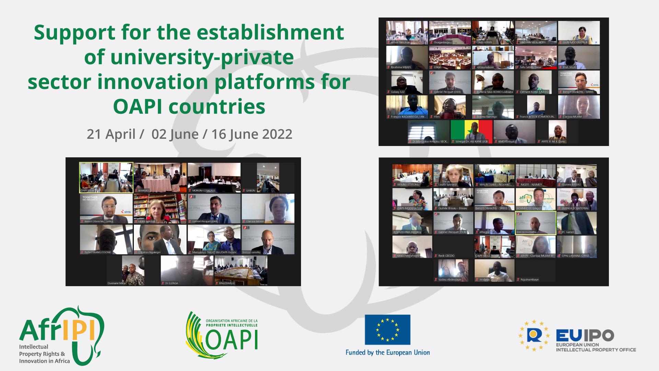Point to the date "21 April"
coord(111,134)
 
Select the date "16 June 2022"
coord(252,134)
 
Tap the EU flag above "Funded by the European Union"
coord(388,329)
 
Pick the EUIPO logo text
coord(585,336)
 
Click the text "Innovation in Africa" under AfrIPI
coord(44,361)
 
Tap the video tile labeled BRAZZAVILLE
coord(241,270)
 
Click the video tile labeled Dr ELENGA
coord(187,270)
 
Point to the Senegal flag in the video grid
coord(471,132)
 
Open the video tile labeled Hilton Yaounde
coord(407,33)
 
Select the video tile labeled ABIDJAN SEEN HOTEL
coord(535,33)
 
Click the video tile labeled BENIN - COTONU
coord(412,175)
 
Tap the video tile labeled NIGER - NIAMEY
coord(535,175)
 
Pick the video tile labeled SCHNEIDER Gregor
coord(535,199)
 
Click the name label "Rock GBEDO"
coord(446,256)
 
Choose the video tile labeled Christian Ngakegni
coord(160,239)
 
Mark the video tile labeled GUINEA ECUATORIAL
coord(577,199)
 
